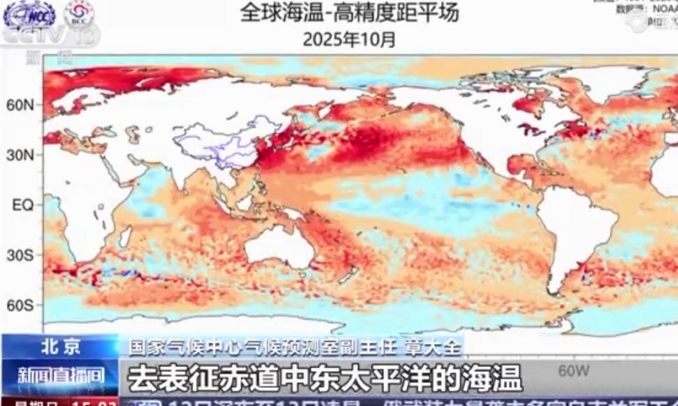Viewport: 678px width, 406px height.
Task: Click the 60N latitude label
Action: [20, 105]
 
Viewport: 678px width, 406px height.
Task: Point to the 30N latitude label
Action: [20, 155]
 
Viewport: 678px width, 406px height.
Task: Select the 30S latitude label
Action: [20, 255]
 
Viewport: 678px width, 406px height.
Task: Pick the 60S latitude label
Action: [20, 306]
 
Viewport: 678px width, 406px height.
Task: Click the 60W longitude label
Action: [574, 369]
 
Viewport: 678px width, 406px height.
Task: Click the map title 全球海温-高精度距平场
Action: [349, 13]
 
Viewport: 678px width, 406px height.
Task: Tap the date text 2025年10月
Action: [349, 39]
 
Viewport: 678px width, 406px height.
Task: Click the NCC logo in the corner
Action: [29, 15]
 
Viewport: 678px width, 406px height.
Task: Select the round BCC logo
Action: [79, 14]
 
